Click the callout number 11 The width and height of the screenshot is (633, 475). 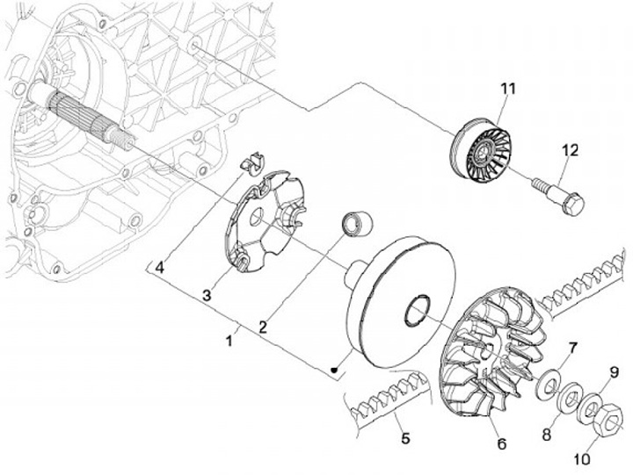point(506,89)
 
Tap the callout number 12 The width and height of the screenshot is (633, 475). point(571,151)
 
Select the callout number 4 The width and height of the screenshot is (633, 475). point(161,267)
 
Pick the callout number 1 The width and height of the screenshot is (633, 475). point(230,337)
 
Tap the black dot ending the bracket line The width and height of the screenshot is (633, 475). point(334,369)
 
